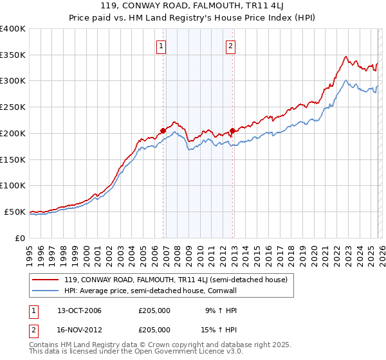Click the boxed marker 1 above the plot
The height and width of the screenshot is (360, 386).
[x=160, y=46]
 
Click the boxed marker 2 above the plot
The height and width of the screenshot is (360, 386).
[x=230, y=46]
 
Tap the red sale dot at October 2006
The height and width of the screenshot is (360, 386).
[x=163, y=130]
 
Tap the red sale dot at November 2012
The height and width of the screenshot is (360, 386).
[x=233, y=130]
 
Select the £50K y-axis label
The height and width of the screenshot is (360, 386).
[x=15, y=212]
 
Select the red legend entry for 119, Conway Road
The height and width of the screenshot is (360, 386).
[x=170, y=280]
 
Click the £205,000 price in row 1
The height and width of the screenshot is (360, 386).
[x=154, y=310]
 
